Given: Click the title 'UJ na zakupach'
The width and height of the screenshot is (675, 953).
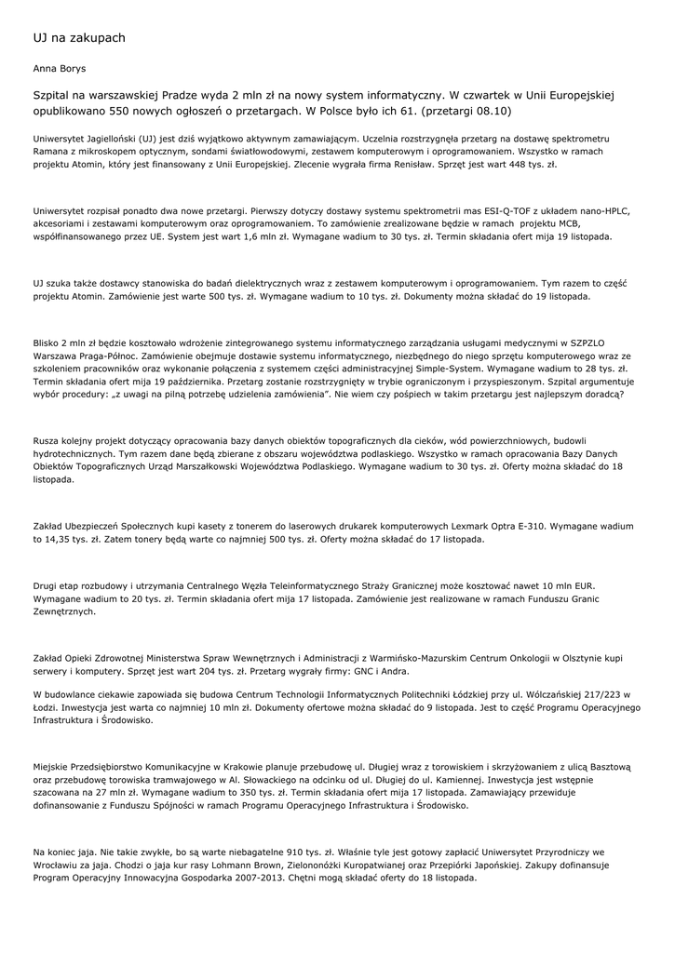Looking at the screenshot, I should [x=78, y=38].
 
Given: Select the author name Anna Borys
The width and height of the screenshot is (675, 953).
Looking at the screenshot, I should [x=59, y=69].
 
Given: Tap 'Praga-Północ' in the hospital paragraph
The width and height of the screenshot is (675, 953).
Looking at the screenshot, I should [x=109, y=356].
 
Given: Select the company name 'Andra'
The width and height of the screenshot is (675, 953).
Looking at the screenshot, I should [x=391, y=671].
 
